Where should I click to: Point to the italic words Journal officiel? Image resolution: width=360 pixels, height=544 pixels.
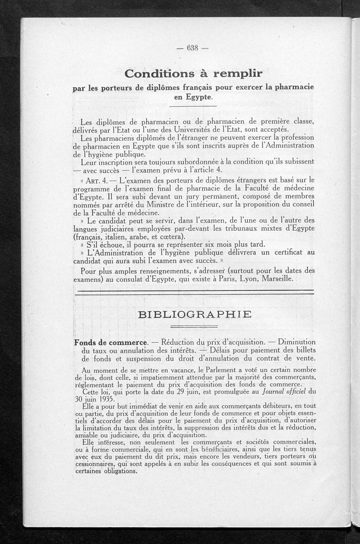point(282,391)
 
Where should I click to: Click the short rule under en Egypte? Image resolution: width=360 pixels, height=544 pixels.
point(194,107)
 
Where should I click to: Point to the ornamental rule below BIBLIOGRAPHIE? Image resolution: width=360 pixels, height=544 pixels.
point(194,327)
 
